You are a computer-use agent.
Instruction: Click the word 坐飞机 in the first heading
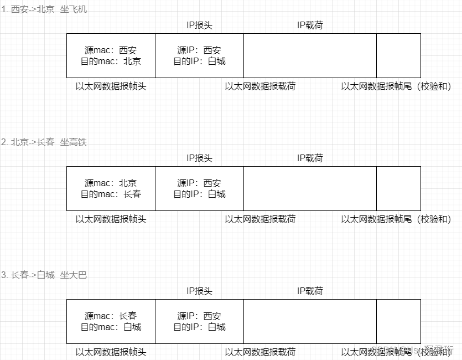coord(74,9)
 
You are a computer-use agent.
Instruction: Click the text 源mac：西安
coord(111,50)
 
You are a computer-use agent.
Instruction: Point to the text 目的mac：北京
coord(111,61)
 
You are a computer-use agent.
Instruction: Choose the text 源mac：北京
coord(111,183)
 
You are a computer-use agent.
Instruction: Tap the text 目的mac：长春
coord(111,194)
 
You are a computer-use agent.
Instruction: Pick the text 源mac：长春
coord(111,316)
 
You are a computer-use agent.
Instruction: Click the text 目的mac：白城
coord(111,327)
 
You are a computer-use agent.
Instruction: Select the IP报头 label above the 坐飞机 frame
coord(199,25)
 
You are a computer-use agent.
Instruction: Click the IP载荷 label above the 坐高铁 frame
coord(310,158)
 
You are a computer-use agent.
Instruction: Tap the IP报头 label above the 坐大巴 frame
coord(199,291)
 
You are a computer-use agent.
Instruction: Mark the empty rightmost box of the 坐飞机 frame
coord(398,55)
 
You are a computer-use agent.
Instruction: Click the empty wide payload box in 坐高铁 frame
coord(310,188)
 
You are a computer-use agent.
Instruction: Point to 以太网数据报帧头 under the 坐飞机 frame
coord(111,86)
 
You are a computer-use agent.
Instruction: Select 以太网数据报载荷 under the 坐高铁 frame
coord(260,219)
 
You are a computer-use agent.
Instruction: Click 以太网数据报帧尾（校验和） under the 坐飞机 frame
coord(396,86)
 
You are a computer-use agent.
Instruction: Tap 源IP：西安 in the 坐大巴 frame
coord(199,316)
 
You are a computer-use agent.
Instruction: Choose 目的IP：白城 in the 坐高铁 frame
coord(199,194)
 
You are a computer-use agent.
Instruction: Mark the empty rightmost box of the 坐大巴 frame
coord(398,321)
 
